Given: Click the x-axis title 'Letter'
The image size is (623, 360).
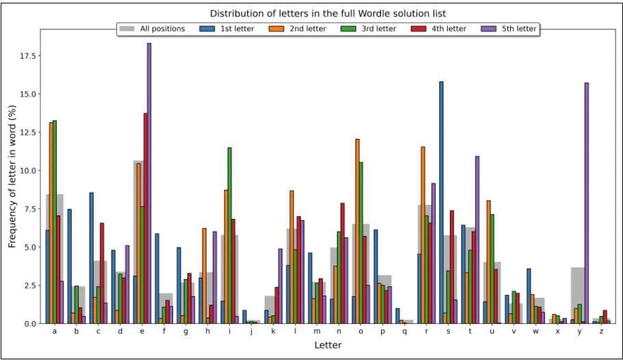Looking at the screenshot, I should pos(328,346).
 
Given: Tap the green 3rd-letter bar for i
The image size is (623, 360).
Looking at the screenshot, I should pos(230,235).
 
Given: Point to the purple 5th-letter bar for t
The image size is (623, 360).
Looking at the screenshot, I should pos(477,240).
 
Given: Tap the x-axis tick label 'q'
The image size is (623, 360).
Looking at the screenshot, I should pos(404,332).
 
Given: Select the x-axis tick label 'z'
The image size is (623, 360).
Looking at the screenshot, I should pos(600,332).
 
